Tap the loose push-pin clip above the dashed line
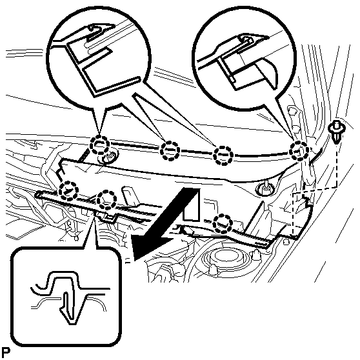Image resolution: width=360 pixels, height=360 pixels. (335, 132)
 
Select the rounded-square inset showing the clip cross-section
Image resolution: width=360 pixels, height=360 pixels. (66, 297)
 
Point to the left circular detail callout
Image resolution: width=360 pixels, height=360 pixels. (99, 59)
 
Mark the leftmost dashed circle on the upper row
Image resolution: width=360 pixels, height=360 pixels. (99, 145)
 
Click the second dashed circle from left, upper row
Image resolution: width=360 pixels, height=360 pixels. (170, 151)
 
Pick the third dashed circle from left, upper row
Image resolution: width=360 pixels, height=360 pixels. (223, 155)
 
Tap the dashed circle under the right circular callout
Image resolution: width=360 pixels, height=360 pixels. (299, 151)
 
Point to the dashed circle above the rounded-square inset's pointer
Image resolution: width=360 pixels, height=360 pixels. (106, 200)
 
